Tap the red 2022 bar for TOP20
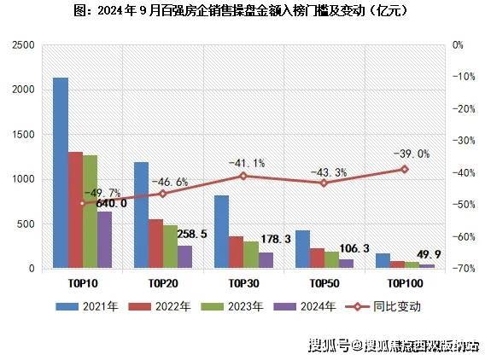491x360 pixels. point(155,244)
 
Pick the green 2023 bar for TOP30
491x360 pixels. point(250,255)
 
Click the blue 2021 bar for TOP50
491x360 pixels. point(302,249)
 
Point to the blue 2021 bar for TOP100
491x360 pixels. point(383,261)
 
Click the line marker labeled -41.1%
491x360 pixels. point(243,176)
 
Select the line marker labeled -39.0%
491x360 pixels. point(405,169)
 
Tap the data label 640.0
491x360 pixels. point(111,203)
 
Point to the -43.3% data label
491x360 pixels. point(324,172)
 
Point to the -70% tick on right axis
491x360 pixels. point(464,269)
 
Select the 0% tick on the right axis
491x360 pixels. point(458,44)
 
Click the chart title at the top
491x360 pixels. point(245,12)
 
